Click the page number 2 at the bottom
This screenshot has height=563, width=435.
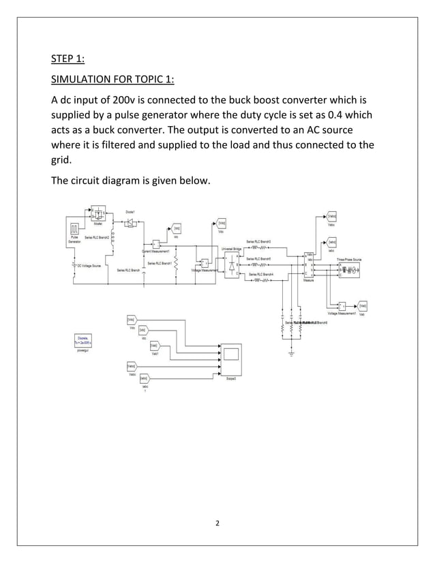(217, 523)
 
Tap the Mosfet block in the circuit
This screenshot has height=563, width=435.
(98, 212)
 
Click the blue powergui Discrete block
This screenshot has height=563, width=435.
(85, 339)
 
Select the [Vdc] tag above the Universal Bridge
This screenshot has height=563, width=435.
(222, 223)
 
